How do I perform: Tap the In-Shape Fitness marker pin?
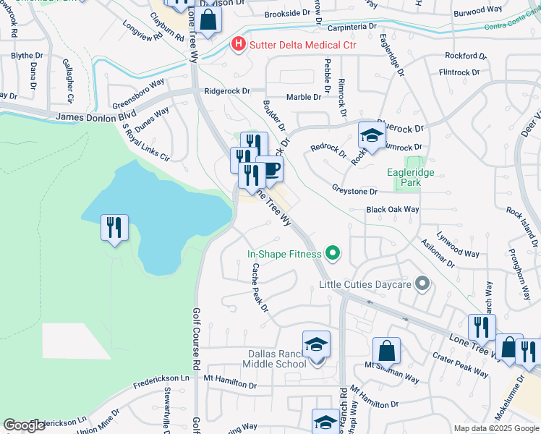pyautogui.click(x=333, y=253)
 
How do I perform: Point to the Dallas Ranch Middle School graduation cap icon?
pyautogui.click(x=316, y=345)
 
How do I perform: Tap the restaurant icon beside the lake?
pyautogui.click(x=114, y=228)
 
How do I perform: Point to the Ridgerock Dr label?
pyautogui.click(x=226, y=91)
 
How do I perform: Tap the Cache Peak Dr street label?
pyautogui.click(x=260, y=287)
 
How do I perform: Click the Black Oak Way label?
pyautogui.click(x=393, y=209)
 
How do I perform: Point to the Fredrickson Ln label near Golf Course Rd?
pyautogui.click(x=164, y=378)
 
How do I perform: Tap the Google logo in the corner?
pyautogui.click(x=24, y=425)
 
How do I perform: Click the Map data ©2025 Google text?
pyautogui.click(x=495, y=428)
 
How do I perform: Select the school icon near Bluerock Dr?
pyautogui.click(x=372, y=135)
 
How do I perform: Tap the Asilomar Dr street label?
pyautogui.click(x=437, y=253)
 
